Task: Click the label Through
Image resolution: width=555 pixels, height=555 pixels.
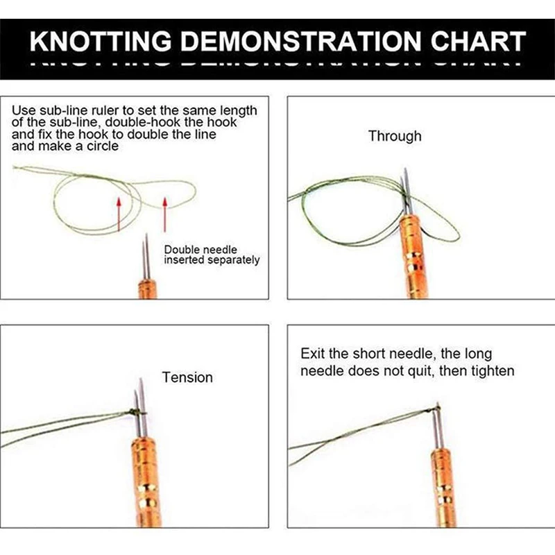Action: pyautogui.click(x=395, y=136)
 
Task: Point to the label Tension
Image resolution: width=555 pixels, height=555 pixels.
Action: pyautogui.click(x=187, y=377)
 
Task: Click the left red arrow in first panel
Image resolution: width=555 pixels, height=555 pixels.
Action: pyautogui.click(x=119, y=213)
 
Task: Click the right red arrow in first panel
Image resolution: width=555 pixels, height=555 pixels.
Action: pyautogui.click(x=165, y=213)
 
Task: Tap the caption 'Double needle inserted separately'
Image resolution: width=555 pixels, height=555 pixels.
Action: pyautogui.click(x=212, y=255)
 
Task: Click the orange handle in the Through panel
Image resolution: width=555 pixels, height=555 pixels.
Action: pyautogui.click(x=413, y=257)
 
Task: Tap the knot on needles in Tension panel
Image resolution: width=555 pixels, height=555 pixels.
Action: pyautogui.click(x=137, y=412)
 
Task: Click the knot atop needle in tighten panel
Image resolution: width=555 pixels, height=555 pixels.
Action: pyautogui.click(x=436, y=406)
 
